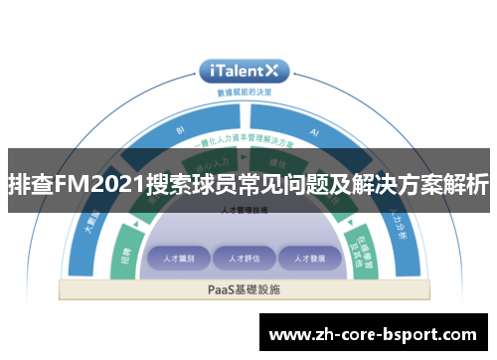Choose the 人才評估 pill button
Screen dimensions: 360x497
[x=244, y=259]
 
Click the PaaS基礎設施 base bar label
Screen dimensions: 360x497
[x=244, y=289]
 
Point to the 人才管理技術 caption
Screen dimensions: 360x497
[x=244, y=211]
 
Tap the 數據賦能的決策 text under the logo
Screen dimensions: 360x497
[x=244, y=91]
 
